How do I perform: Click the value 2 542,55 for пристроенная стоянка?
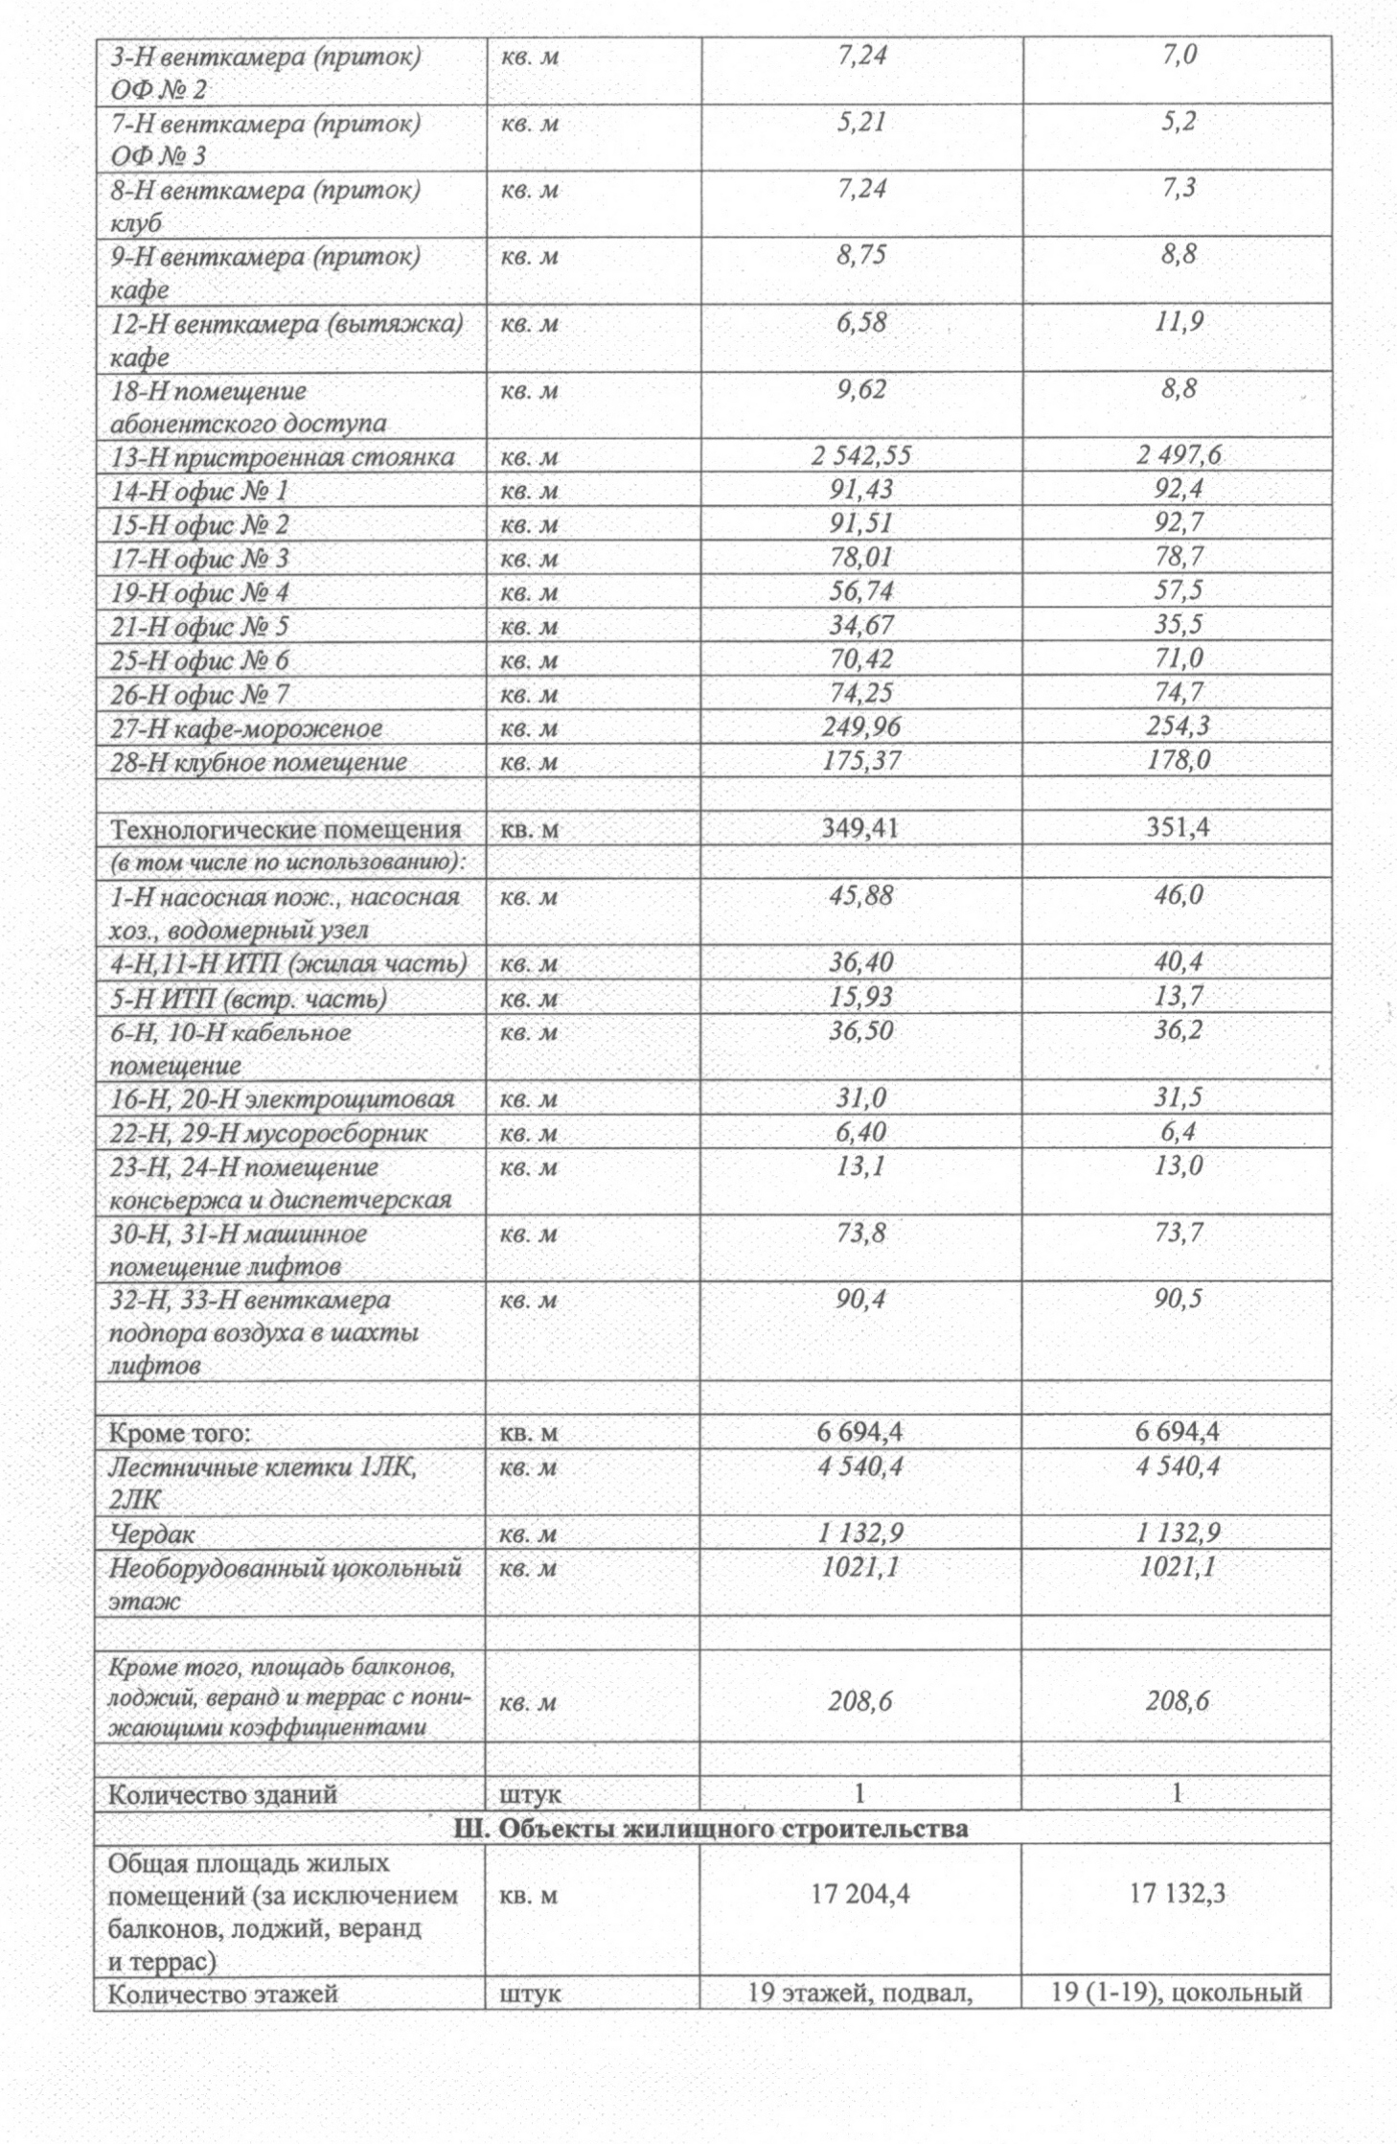(x=860, y=456)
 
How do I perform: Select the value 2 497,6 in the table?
(x=1178, y=455)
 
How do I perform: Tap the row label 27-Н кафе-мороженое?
(x=246, y=728)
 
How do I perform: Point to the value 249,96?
(x=860, y=727)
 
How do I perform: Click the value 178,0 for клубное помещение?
(x=1178, y=761)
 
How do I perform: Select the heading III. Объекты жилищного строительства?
(x=710, y=1829)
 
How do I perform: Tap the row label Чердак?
(x=152, y=1534)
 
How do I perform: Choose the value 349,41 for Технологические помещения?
(x=859, y=828)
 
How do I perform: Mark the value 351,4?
(x=1178, y=828)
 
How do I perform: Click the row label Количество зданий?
(x=222, y=1794)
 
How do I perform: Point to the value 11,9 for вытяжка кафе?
(x=1178, y=323)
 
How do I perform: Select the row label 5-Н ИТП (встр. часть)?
(x=248, y=999)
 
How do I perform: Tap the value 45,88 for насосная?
(x=860, y=896)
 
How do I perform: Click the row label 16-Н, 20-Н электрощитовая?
(x=282, y=1099)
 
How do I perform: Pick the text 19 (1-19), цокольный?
(x=1176, y=1994)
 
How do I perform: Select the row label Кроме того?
(x=179, y=1433)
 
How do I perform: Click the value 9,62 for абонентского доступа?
(x=860, y=390)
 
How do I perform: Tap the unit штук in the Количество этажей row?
(x=530, y=1994)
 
